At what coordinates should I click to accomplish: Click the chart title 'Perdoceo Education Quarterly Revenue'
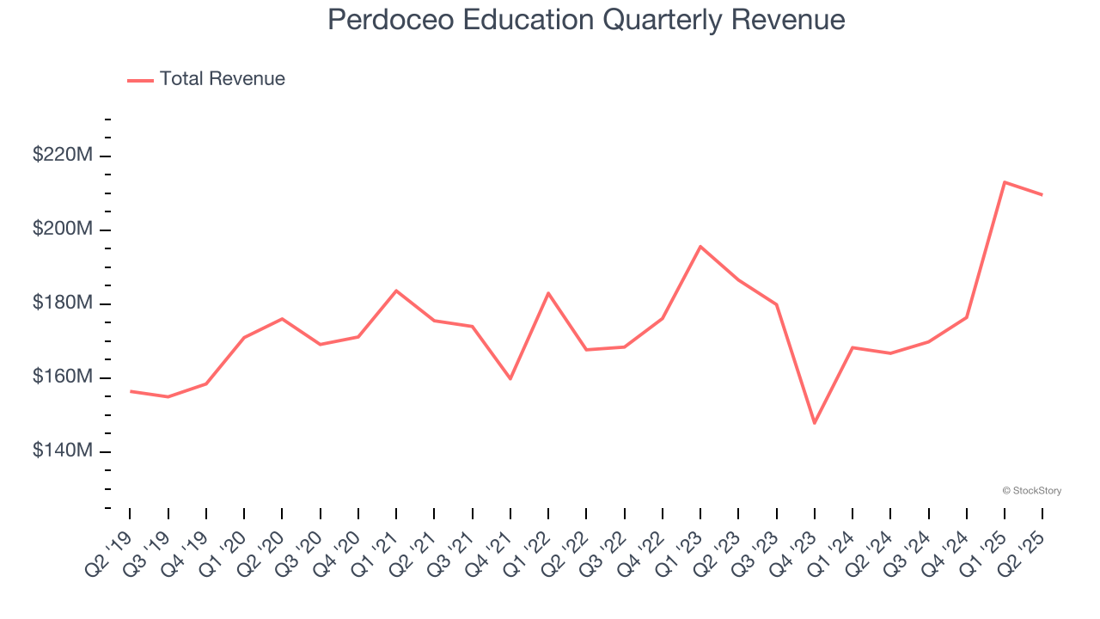[x=586, y=20]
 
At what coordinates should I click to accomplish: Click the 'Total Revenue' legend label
[x=222, y=79]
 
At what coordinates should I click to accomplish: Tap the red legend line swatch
[x=140, y=80]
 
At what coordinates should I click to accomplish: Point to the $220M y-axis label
[x=63, y=156]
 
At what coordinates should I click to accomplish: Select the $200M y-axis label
[x=63, y=230]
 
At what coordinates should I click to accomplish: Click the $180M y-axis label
[x=63, y=303]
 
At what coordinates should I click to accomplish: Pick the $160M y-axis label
[x=63, y=377]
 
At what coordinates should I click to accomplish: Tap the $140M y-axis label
[x=63, y=451]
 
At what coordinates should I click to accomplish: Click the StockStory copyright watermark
[x=1031, y=491]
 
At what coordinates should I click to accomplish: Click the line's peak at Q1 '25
[x=1005, y=182]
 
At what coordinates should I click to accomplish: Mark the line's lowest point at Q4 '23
[x=814, y=423]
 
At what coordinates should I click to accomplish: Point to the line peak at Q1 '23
[x=700, y=247]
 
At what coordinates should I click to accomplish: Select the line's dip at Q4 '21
[x=510, y=378]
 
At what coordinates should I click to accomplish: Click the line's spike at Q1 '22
[x=548, y=293]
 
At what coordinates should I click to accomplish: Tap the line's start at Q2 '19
[x=130, y=391]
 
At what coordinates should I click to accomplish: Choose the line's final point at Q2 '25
[x=1042, y=195]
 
